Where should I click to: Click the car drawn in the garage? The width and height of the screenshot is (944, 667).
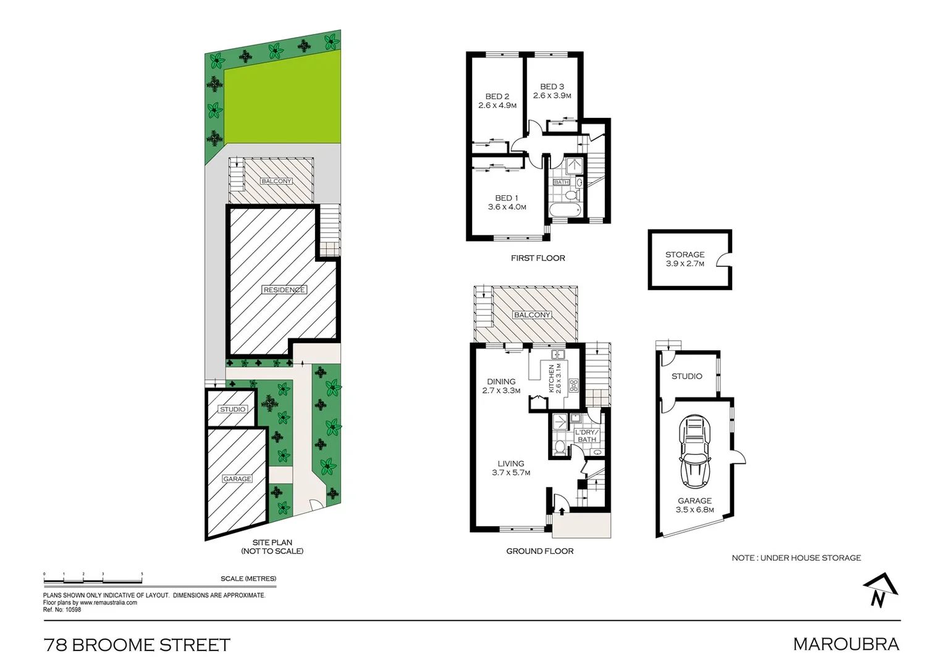point(695,452)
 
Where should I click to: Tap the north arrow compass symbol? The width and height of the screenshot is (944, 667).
point(880,590)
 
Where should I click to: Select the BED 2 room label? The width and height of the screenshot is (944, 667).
point(497,96)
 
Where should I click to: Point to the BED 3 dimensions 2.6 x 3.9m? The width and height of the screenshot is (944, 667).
point(552,96)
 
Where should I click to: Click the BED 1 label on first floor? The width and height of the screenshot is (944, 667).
point(507,198)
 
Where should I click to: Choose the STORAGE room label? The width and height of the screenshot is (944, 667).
point(685,254)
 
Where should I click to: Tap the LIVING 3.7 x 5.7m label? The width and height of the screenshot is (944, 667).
point(511,468)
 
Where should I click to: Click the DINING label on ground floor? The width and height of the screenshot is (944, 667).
point(501,382)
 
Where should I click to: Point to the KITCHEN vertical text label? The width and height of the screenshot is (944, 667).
point(552,378)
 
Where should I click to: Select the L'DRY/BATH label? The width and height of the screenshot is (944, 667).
point(586,435)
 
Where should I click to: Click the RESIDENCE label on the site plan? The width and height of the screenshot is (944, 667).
point(284,290)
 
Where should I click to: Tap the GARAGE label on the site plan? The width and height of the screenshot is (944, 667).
point(237,479)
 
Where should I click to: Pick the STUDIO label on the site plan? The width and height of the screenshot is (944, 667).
point(233,409)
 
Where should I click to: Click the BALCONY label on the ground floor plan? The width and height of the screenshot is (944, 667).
point(532,315)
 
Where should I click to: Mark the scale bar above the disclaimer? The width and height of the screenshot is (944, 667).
point(93,579)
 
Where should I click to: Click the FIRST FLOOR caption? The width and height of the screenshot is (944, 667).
point(537,258)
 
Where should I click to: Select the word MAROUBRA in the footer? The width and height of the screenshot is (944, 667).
point(846,644)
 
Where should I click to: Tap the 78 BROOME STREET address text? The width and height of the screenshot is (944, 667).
point(137,645)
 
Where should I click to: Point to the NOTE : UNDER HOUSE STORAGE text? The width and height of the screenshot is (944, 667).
point(796,558)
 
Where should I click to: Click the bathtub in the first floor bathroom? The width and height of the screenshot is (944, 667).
point(563,211)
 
